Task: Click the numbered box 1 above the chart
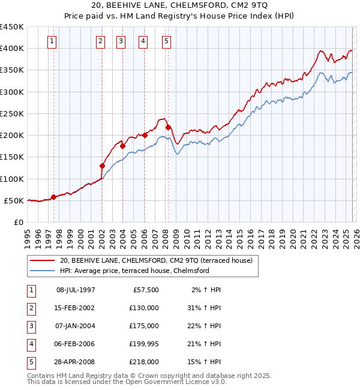(x=52, y=41)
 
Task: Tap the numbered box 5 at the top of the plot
(x=166, y=41)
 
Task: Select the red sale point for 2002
(x=102, y=166)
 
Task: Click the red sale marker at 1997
(x=54, y=197)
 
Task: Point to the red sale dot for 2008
(x=168, y=127)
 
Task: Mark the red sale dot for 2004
(x=122, y=146)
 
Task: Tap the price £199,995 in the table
(x=144, y=344)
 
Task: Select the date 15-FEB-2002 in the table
(x=75, y=308)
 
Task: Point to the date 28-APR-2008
(x=75, y=362)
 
